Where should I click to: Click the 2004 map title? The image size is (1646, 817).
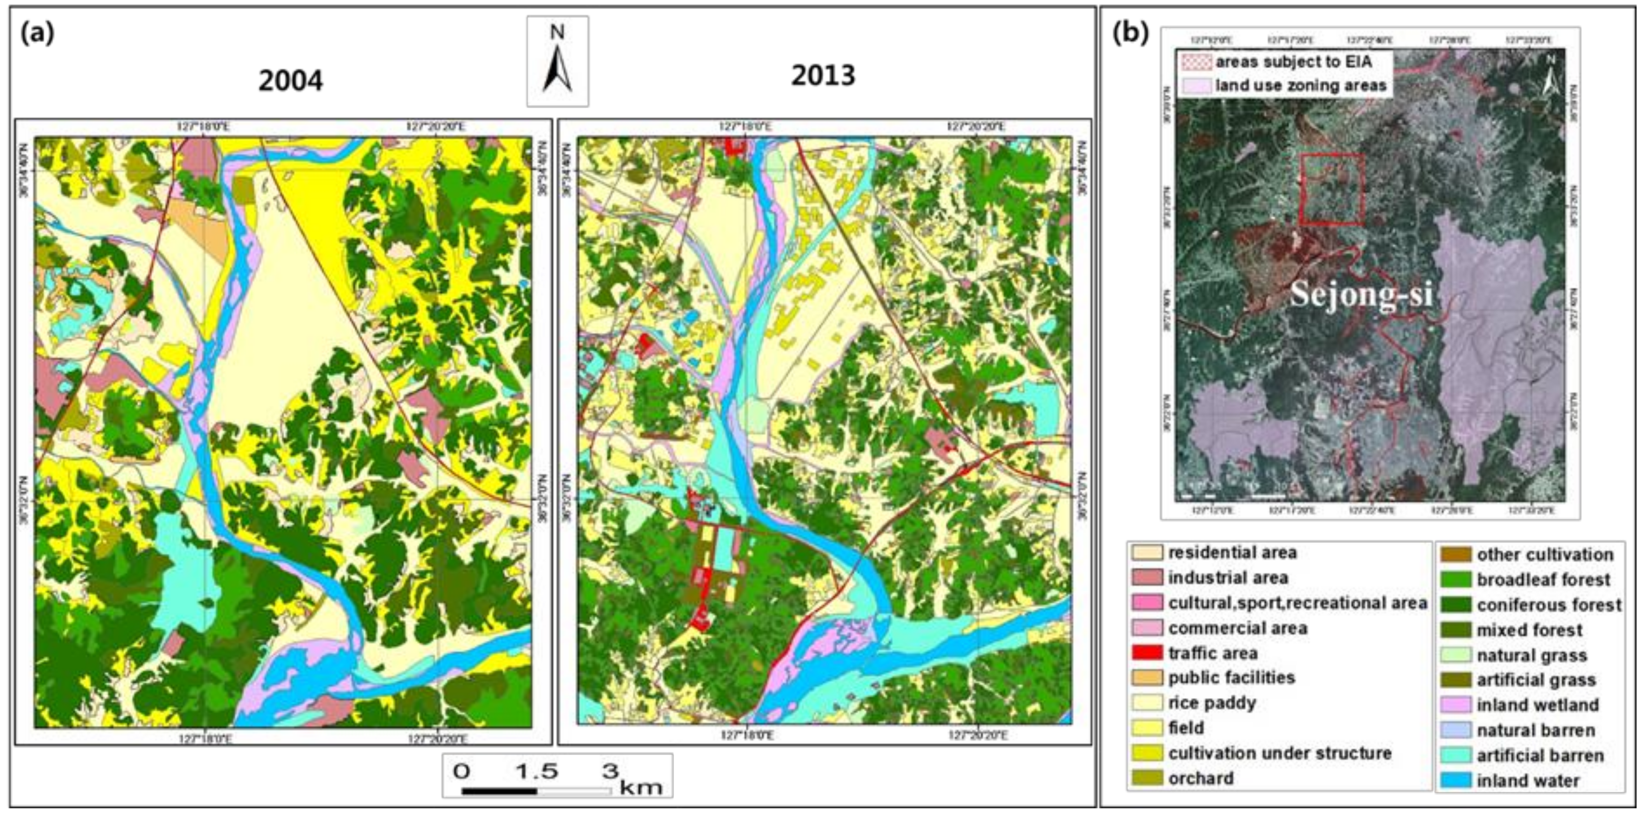click(x=291, y=81)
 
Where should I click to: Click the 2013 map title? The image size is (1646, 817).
click(x=823, y=76)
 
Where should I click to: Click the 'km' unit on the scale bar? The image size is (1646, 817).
click(x=641, y=786)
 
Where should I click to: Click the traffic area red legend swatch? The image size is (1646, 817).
click(x=1146, y=653)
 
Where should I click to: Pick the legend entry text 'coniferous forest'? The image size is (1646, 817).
click(x=1549, y=605)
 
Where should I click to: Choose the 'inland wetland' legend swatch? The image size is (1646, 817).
click(x=1456, y=704)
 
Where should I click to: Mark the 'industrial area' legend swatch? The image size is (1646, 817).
click(x=1146, y=577)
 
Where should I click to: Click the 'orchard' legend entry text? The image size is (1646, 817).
click(x=1201, y=778)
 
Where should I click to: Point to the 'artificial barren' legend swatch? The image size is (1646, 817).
click(x=1456, y=756)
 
